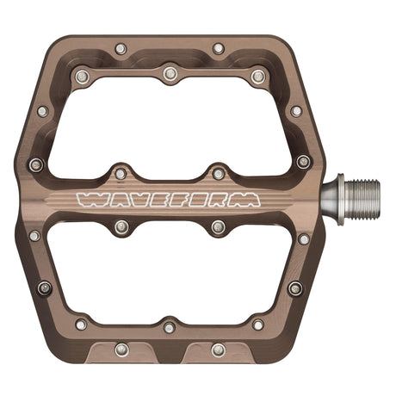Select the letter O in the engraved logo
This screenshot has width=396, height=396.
(199, 201)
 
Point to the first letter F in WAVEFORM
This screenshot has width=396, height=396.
(176, 201)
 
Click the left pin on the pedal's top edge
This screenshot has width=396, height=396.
(121, 49)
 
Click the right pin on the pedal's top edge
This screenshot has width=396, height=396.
(219, 49)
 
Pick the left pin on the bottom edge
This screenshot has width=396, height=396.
(121, 349)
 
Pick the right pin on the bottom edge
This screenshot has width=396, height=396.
(219, 349)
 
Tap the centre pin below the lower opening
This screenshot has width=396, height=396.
(170, 326)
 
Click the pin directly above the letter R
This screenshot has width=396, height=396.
(219, 173)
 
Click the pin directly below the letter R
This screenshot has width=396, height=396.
(219, 227)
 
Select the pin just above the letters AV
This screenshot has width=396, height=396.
(121, 173)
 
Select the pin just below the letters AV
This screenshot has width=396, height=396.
(121, 227)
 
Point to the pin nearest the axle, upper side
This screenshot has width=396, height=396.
(303, 161)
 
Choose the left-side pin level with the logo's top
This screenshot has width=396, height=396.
(35, 164)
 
